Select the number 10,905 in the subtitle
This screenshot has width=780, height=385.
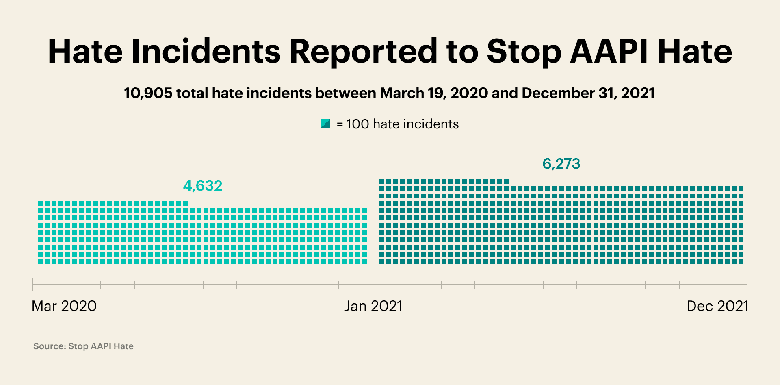click(x=148, y=93)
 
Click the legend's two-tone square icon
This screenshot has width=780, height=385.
click(x=325, y=124)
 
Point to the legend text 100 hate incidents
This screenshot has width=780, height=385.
click(x=402, y=124)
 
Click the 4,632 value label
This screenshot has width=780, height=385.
click(x=203, y=186)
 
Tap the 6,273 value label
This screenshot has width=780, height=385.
click(x=561, y=164)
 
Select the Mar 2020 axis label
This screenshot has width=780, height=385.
click(x=64, y=306)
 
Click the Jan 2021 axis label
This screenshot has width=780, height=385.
click(x=373, y=306)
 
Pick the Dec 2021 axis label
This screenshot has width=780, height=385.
click(x=717, y=306)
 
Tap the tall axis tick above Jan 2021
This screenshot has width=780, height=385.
click(x=373, y=285)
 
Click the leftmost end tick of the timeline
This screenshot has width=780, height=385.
click(x=33, y=285)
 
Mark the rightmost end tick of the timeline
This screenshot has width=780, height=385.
click(x=747, y=285)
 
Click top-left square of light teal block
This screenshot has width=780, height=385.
click(x=40, y=203)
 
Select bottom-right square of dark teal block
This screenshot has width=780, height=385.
click(x=741, y=262)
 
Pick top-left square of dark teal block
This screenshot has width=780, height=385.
click(x=382, y=181)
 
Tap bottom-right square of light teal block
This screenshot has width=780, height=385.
click(x=365, y=262)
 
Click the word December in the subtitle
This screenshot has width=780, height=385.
click(x=558, y=93)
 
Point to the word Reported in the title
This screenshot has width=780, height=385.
click(x=363, y=52)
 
